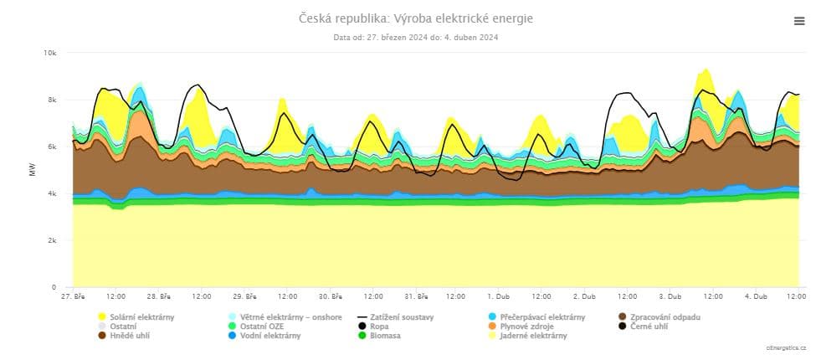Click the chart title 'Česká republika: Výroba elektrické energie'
click(x=415, y=18)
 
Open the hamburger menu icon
click(x=798, y=22)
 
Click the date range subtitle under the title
click(x=416, y=37)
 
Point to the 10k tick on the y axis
click(x=49, y=53)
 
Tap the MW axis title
click(x=32, y=170)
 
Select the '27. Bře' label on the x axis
click(x=73, y=296)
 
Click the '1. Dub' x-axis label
click(x=498, y=296)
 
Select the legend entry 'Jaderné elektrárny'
click(x=532, y=336)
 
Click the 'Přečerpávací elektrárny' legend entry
click(x=542, y=317)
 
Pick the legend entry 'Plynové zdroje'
click(x=526, y=327)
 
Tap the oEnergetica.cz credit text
click(x=785, y=347)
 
